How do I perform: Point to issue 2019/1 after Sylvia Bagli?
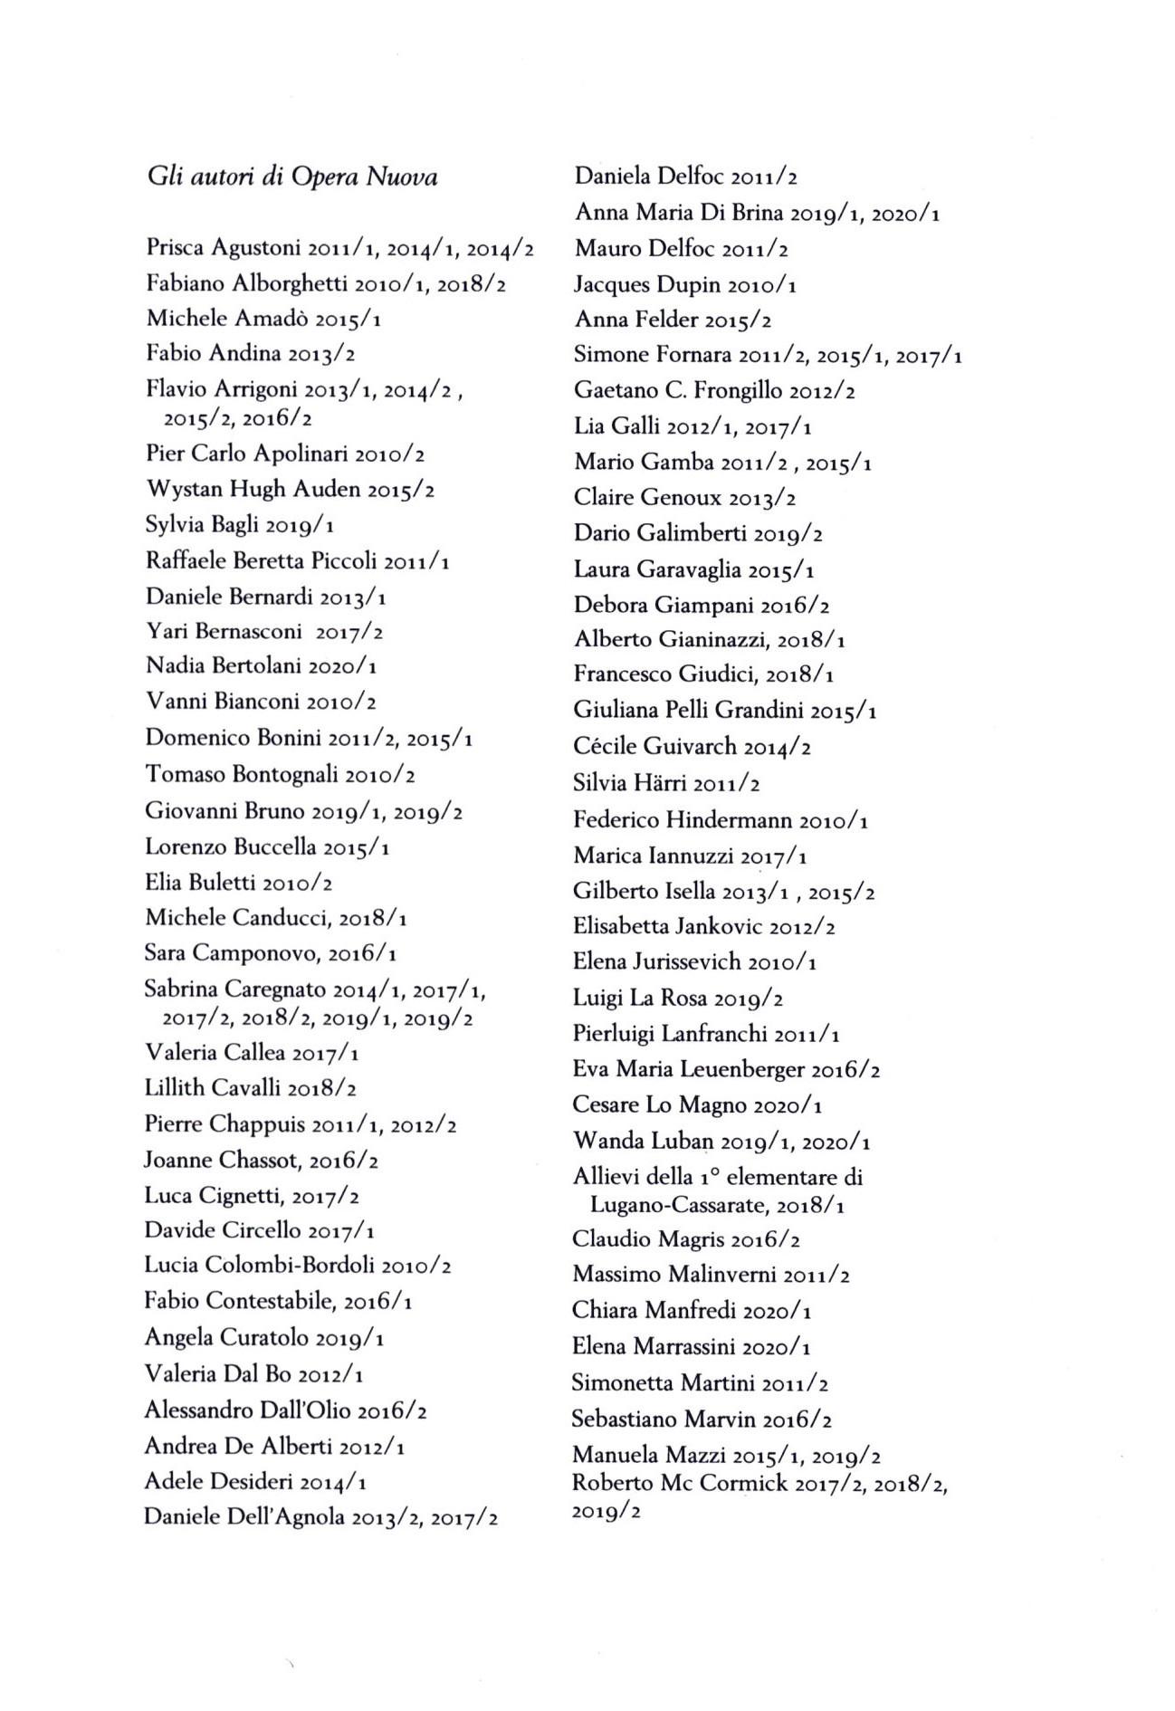301,526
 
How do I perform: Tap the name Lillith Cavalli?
212,1088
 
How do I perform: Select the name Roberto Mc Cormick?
679,1484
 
